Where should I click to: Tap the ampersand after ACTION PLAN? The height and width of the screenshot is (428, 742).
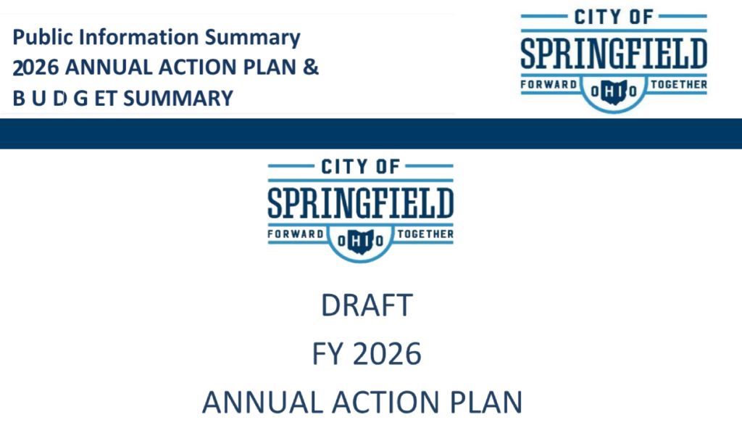tap(310, 67)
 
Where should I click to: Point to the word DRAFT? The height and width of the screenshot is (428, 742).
tap(366, 305)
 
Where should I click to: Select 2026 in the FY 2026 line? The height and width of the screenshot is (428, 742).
tap(390, 355)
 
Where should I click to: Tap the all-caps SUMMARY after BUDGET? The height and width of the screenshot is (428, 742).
tap(179, 97)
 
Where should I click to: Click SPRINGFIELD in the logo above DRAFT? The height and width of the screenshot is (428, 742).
tap(360, 204)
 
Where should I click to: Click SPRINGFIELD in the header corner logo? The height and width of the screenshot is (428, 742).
tap(614, 54)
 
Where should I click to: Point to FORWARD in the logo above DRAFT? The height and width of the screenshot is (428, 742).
tap(295, 234)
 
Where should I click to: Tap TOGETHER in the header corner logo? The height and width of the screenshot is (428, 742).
tap(678, 85)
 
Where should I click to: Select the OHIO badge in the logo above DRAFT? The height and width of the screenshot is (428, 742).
tap(360, 239)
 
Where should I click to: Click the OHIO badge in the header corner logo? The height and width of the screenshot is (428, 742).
tap(614, 91)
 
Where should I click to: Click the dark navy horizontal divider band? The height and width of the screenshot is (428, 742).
tap(371, 133)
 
